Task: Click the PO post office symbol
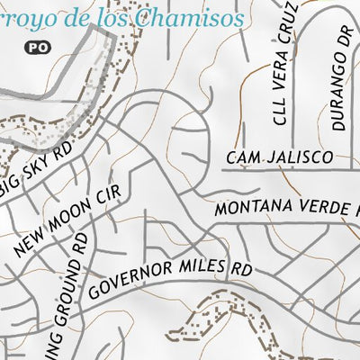point(36,44)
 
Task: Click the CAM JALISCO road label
point(281,157)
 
